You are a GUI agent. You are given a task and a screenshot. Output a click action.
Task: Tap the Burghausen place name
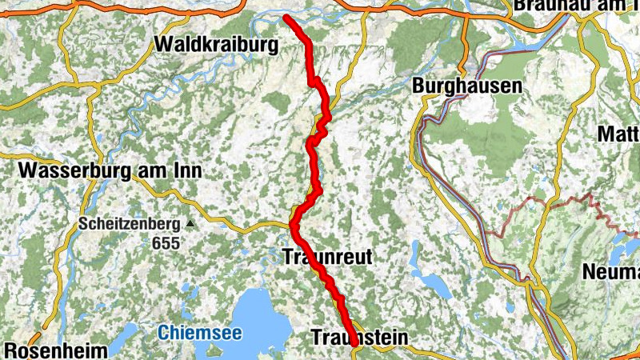[x=467, y=85]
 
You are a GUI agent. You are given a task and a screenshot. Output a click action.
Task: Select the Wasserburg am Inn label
[x=110, y=170]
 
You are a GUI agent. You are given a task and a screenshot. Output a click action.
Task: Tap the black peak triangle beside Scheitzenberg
[x=190, y=224]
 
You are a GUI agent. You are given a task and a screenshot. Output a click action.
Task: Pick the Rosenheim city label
[x=56, y=351]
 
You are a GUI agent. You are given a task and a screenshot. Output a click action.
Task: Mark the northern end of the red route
[x=286, y=17]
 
